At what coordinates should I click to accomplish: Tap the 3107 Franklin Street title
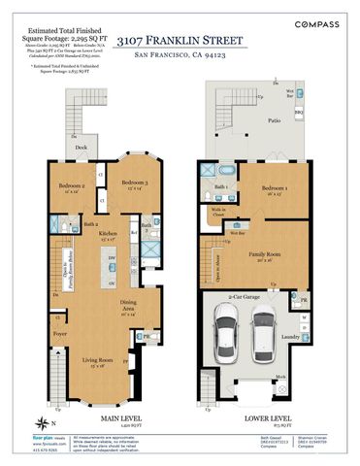180,41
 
